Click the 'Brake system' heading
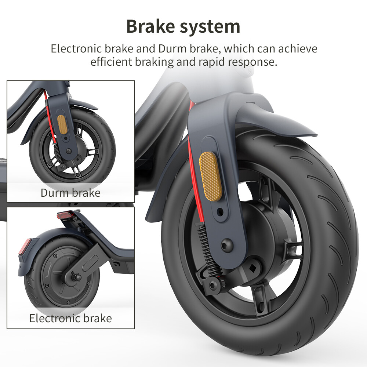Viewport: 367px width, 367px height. tap(183, 26)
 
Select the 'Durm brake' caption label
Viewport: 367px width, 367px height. tap(70, 193)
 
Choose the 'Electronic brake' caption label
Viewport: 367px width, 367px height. tap(70, 318)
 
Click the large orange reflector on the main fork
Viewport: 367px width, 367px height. tap(210, 176)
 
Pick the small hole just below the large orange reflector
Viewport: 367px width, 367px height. tap(220, 212)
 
